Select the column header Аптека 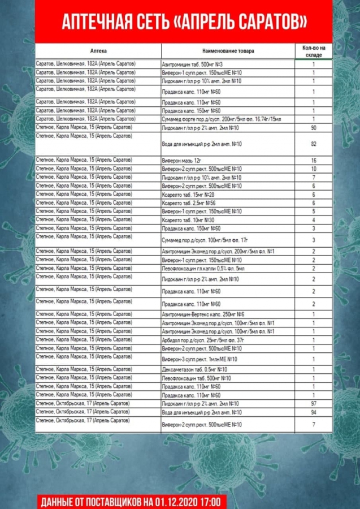point(98,51)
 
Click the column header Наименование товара point(229,51)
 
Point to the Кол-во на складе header point(313,51)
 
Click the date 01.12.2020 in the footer point(172,501)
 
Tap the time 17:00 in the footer point(212,501)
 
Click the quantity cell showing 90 point(313,128)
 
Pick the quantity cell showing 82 point(313,144)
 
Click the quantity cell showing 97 point(313,403)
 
